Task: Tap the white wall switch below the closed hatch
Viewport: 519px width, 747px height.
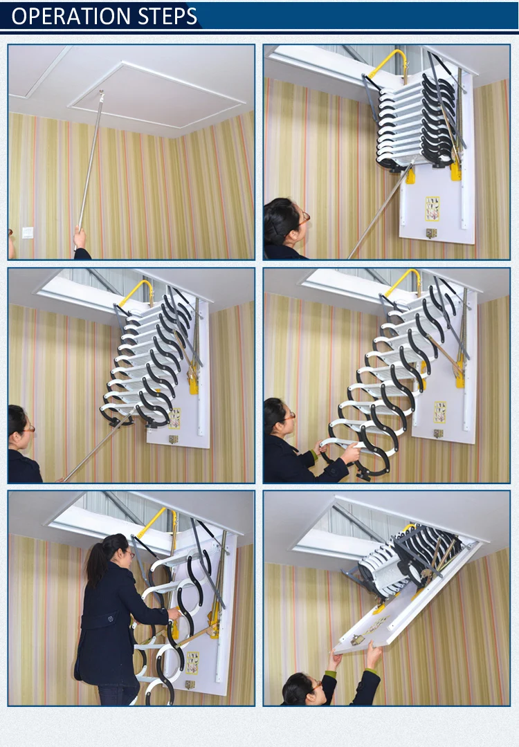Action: pyautogui.click(x=28, y=232)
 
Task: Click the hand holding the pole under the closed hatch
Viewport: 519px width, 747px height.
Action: pyautogui.click(x=80, y=239)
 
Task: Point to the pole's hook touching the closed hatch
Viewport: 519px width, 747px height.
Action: pyautogui.click(x=101, y=93)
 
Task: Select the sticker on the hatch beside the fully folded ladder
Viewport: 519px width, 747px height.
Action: pyautogui.click(x=433, y=208)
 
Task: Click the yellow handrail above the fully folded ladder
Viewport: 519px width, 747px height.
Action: pyautogui.click(x=388, y=62)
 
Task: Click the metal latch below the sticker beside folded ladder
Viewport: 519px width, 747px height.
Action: pyautogui.click(x=431, y=233)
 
